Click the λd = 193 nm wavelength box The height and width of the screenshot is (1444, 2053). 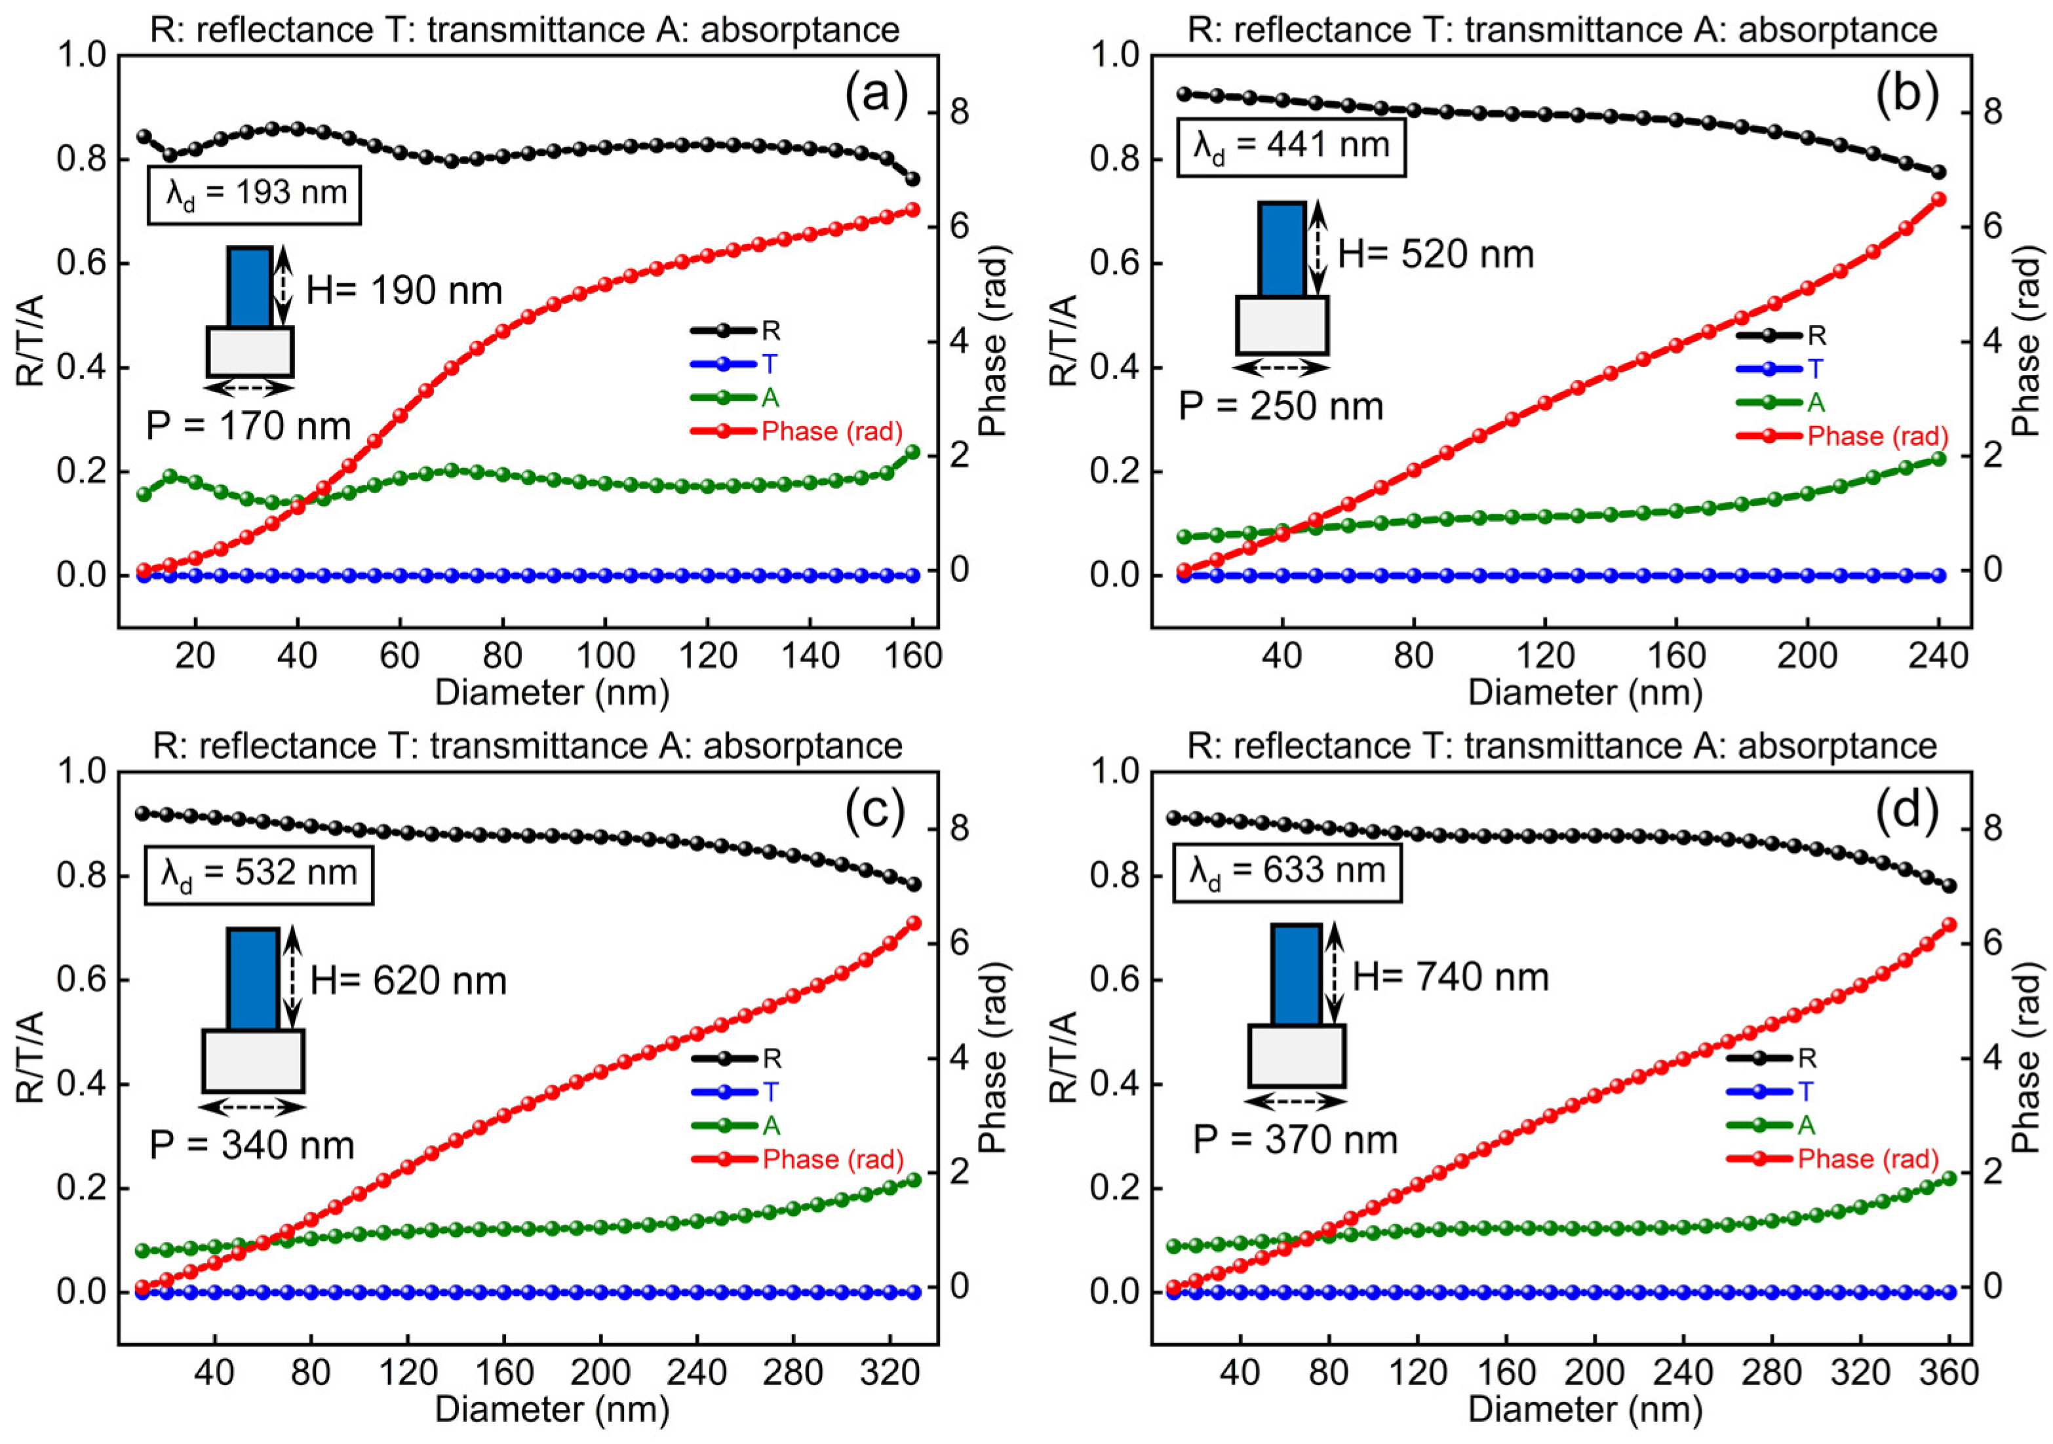point(254,193)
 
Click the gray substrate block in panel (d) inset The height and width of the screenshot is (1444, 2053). point(1297,1056)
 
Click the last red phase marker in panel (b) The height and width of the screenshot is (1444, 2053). point(1938,199)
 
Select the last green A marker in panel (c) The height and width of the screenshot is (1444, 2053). point(914,1179)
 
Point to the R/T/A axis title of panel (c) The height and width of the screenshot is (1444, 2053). point(32,1058)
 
